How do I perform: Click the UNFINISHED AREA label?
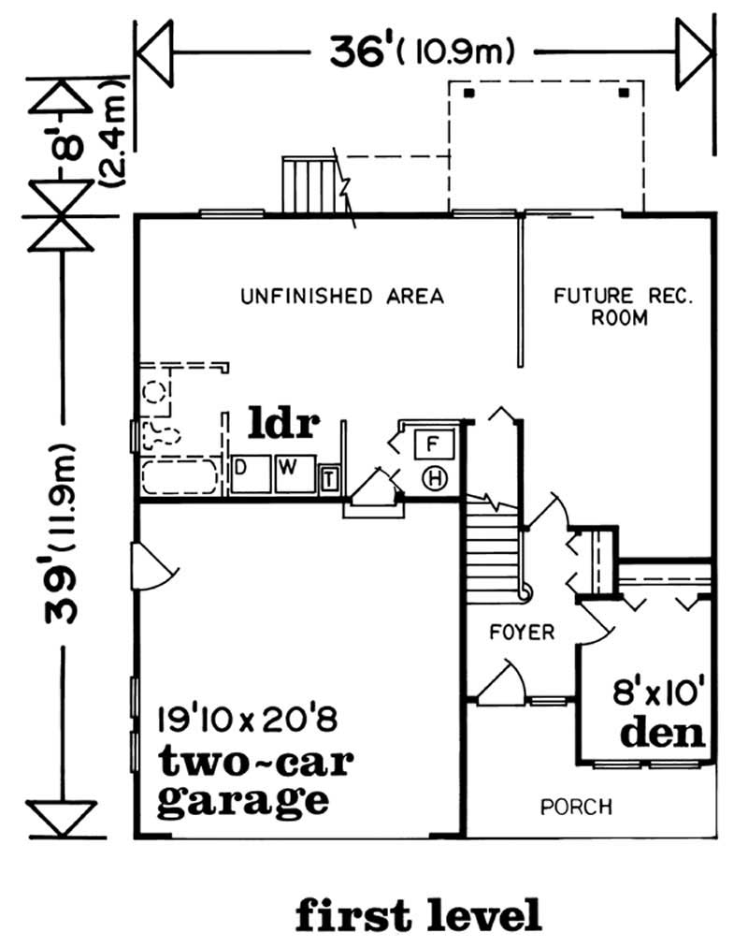click(x=341, y=297)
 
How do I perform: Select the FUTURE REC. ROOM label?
click(x=622, y=307)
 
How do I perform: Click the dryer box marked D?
click(x=240, y=466)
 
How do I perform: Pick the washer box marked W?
click(x=290, y=466)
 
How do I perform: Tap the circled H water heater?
click(x=435, y=478)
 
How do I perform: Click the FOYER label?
click(x=522, y=633)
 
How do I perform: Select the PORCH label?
click(x=576, y=806)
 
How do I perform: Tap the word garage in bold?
click(x=242, y=800)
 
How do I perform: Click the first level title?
click(x=418, y=913)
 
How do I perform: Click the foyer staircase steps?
click(x=492, y=547)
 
